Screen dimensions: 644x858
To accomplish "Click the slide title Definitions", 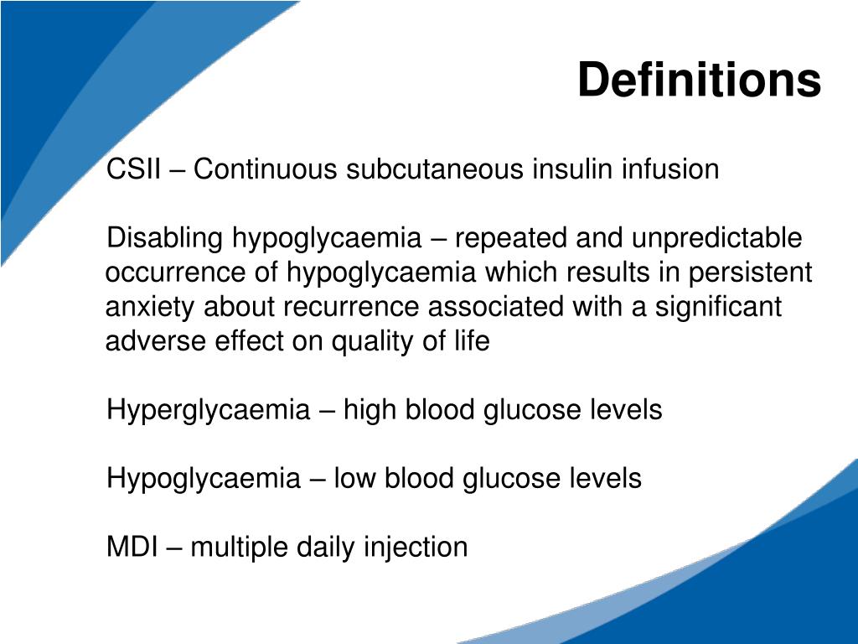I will pos(699,80).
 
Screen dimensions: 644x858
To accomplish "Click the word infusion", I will pos(669,169).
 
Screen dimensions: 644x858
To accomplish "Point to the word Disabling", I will pos(165,239).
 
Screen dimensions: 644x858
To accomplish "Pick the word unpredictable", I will pos(716,239).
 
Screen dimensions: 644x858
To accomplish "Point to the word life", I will pos(473,342).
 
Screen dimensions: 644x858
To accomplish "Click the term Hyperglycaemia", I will pos(208,411).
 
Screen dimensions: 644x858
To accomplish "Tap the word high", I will pos(371,411).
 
